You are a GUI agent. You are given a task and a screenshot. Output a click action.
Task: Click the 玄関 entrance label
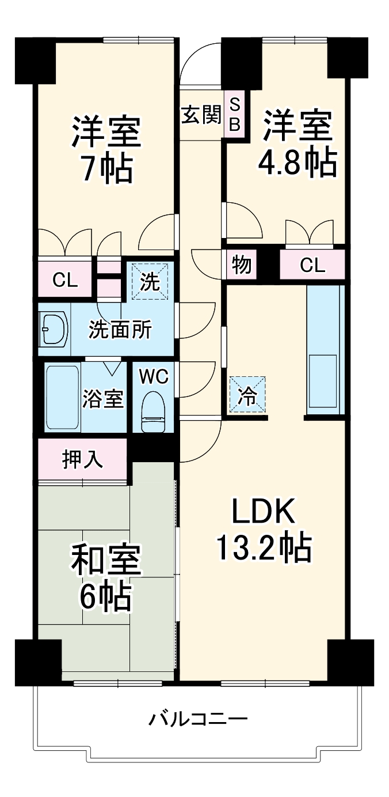(201, 115)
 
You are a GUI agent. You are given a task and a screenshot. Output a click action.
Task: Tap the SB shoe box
(235, 114)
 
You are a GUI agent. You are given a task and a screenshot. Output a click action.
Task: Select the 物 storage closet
(241, 266)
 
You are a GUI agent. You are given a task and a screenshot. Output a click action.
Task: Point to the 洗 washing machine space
(150, 281)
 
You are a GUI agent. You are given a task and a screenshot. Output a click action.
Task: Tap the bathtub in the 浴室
(62, 398)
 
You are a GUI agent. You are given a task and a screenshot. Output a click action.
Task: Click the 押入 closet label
(82, 459)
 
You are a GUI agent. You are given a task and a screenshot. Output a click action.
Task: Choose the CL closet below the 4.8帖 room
(312, 266)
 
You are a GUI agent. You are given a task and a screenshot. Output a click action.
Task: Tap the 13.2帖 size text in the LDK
(264, 548)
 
